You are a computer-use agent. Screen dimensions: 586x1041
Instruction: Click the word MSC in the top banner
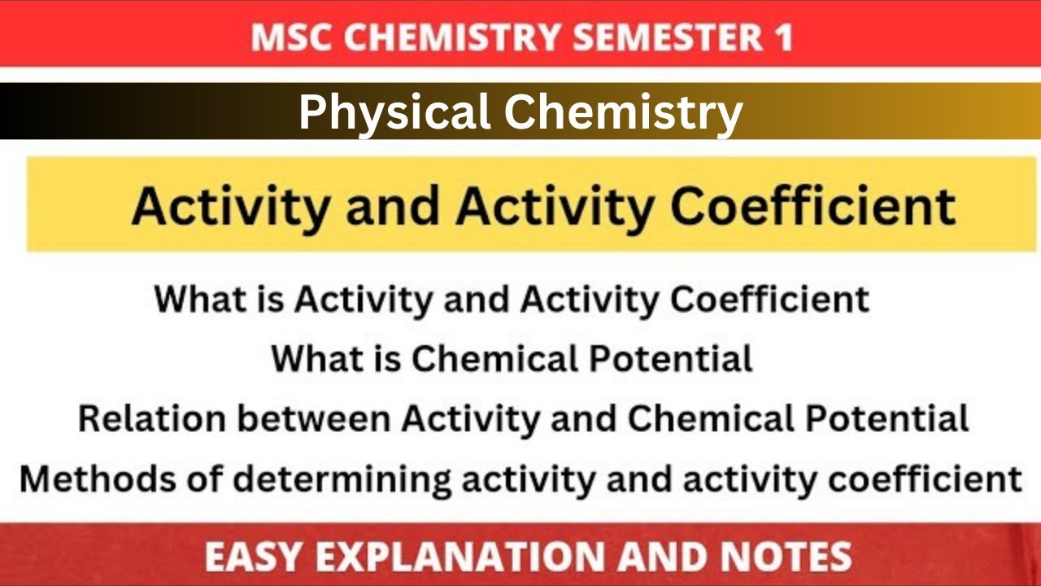pos(290,37)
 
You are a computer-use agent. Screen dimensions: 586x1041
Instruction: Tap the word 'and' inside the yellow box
pos(394,205)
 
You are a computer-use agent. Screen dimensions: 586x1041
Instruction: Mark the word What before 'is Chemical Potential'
pos(314,359)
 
